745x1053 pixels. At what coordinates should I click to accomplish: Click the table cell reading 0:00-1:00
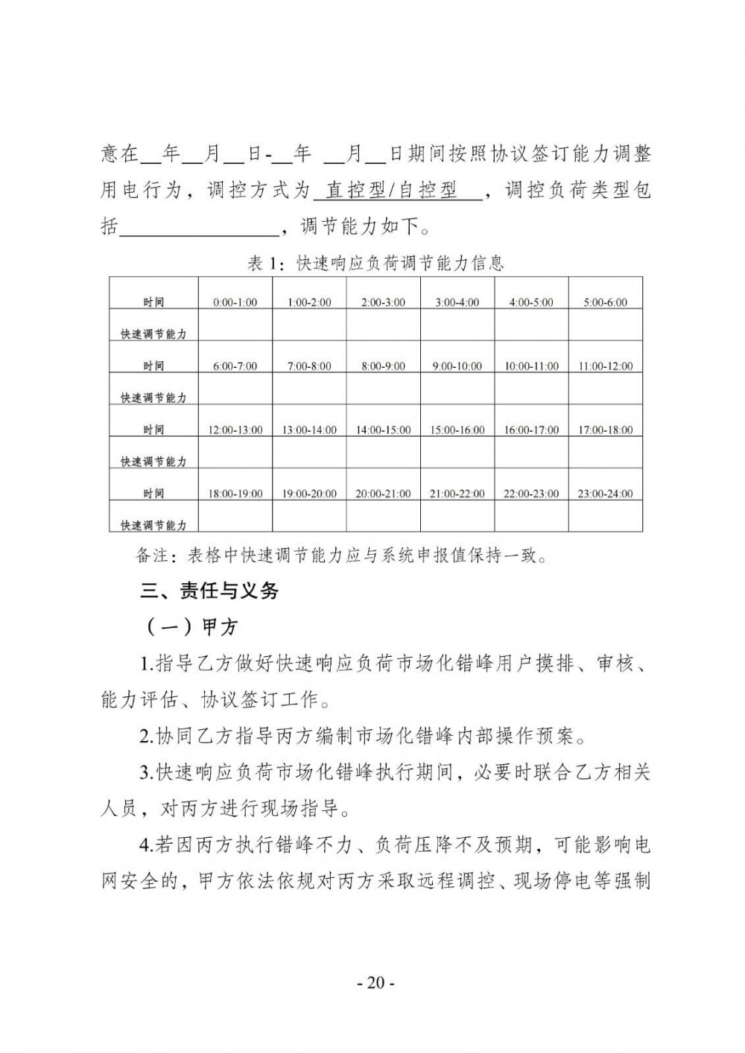235,302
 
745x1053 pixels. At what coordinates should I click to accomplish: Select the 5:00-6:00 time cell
605,302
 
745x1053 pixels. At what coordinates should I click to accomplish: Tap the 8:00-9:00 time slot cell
383,366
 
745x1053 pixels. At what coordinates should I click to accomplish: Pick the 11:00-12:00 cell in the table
605,366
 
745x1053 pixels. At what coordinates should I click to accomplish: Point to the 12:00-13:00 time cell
235,430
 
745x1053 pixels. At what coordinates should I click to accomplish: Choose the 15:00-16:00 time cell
457,430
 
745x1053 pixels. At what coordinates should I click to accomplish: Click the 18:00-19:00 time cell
235,494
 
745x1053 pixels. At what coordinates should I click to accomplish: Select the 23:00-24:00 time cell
605,494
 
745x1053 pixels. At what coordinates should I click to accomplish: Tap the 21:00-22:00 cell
457,494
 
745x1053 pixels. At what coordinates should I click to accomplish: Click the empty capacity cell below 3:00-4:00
457,325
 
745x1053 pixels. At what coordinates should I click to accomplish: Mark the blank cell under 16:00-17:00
531,453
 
